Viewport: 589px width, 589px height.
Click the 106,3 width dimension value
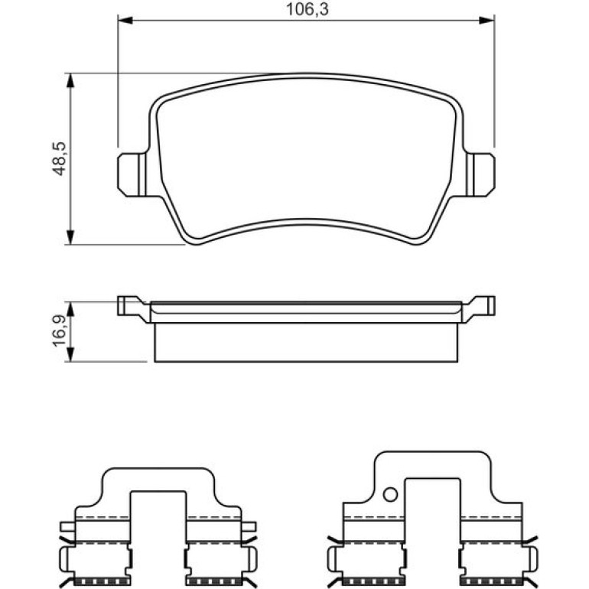[307, 9]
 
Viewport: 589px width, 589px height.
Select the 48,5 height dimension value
[59, 158]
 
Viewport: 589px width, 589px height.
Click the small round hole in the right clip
[390, 494]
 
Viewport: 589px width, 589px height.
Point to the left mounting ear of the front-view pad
[132, 174]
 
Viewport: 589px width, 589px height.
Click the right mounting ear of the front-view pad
[481, 174]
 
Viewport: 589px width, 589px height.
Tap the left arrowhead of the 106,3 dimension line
[125, 20]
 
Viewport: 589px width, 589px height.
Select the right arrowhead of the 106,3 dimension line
[486, 20]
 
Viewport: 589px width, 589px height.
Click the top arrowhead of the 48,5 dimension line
[70, 80]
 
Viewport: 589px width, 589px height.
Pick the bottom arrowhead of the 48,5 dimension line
[70, 237]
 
